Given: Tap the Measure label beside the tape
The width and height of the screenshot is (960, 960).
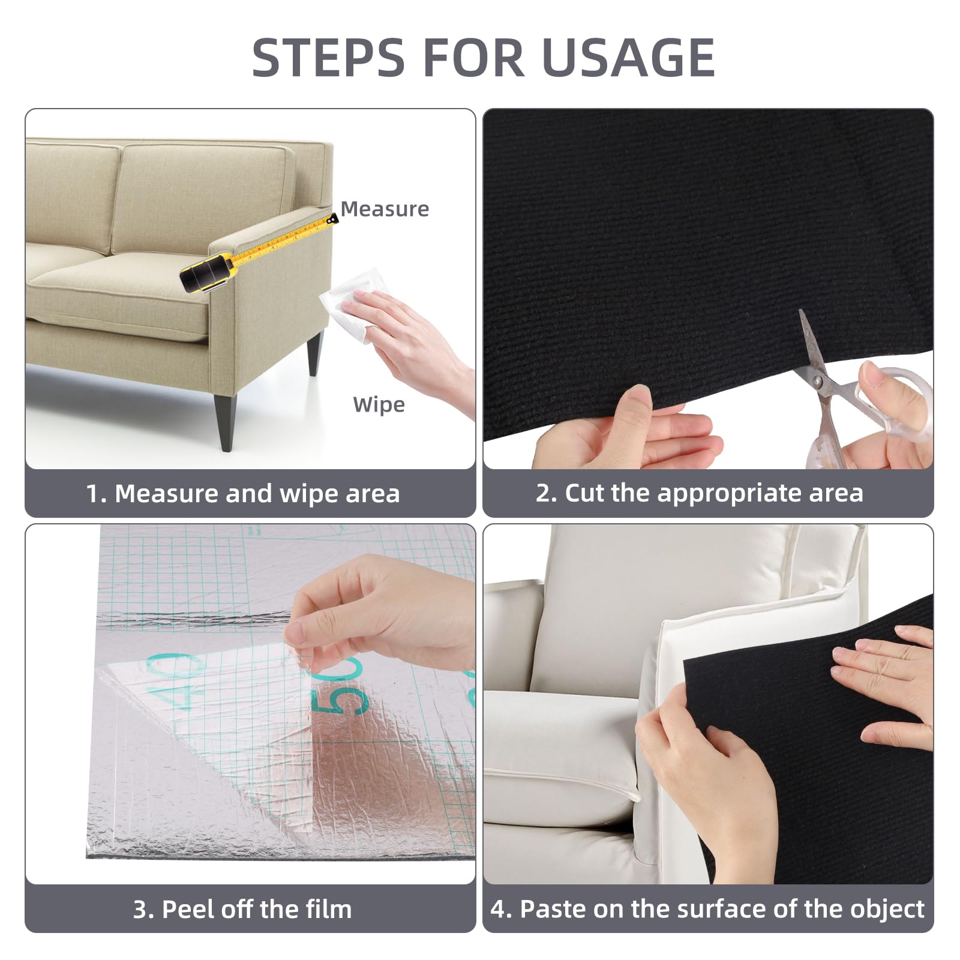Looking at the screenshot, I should (385, 209).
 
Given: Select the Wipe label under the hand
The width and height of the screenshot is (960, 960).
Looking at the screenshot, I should (379, 404).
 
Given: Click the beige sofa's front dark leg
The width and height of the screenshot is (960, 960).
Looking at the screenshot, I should (227, 420).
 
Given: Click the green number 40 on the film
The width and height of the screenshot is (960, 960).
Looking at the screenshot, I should (174, 681).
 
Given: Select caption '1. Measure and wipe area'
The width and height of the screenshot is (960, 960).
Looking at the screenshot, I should (243, 494).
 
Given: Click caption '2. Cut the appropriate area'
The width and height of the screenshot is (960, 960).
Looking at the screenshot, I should (699, 493).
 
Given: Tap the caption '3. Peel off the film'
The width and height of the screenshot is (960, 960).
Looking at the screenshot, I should (242, 909).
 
